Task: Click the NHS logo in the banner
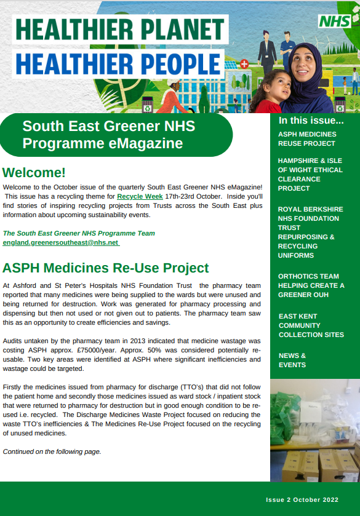pyautogui.click(x=335, y=21)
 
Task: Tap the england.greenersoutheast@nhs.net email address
pyautogui.click(x=61, y=243)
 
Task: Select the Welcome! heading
pyautogui.click(x=34, y=172)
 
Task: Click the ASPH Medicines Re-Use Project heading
pyautogui.click(x=106, y=268)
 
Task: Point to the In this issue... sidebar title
pyautogui.click(x=311, y=121)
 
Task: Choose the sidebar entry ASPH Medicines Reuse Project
pyautogui.click(x=307, y=139)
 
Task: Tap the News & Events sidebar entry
pyautogui.click(x=292, y=360)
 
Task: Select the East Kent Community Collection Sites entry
pyautogui.click(x=311, y=325)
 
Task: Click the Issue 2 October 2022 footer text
pyautogui.click(x=302, y=500)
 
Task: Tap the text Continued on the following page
pyautogui.click(x=52, y=451)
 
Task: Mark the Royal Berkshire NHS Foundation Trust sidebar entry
pyautogui.click(x=310, y=232)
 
